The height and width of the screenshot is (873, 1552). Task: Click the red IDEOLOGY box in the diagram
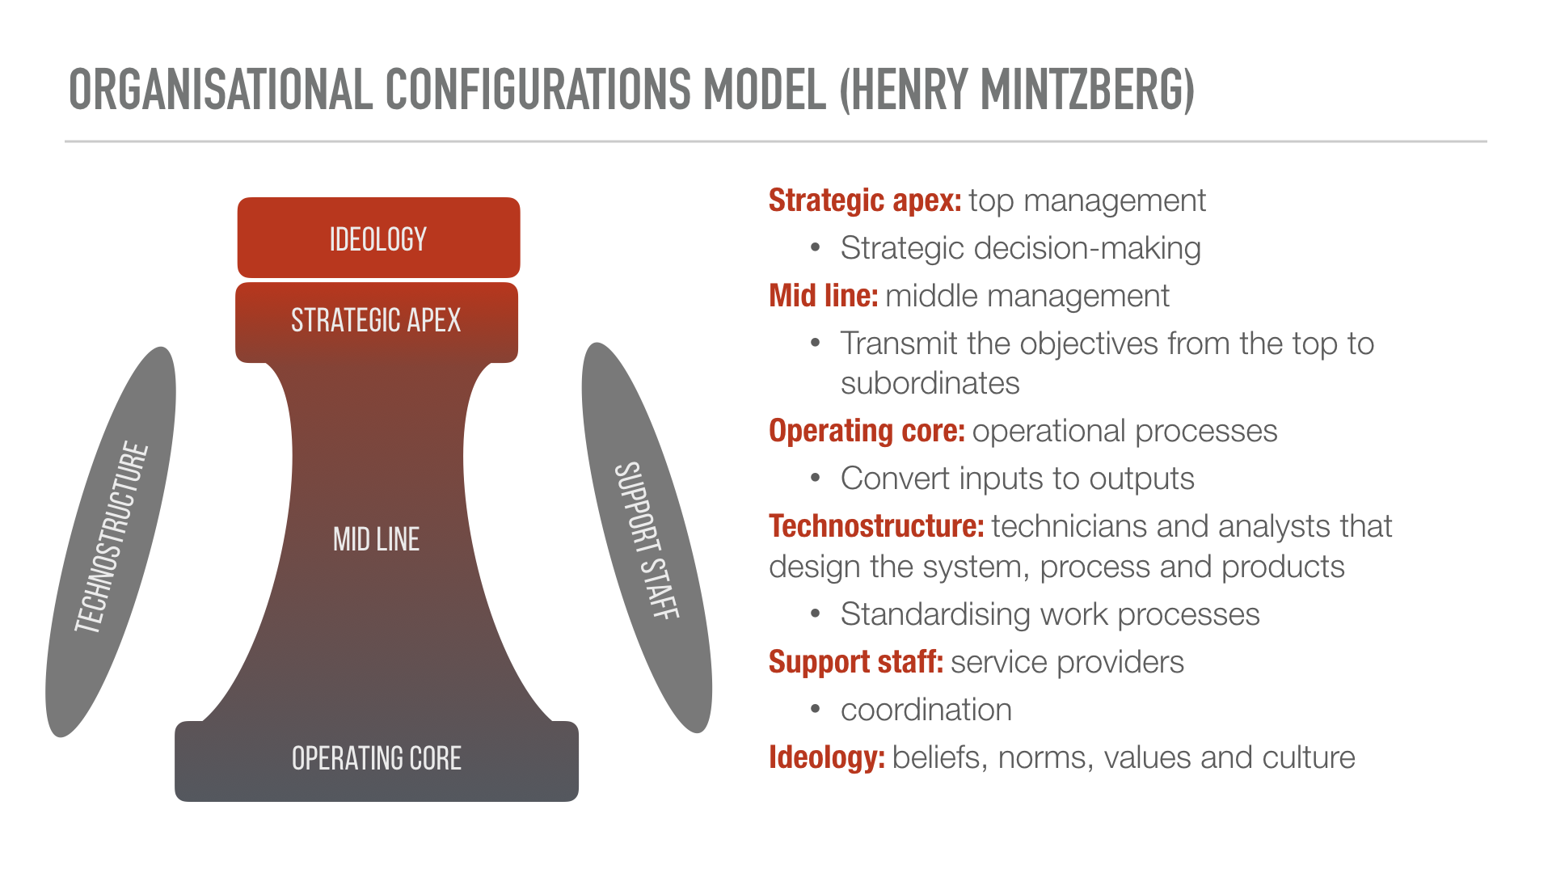[378, 238]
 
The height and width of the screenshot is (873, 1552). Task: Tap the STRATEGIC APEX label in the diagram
[376, 321]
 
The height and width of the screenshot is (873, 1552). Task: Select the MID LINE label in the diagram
[377, 539]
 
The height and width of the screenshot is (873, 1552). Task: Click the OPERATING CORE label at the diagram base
[377, 758]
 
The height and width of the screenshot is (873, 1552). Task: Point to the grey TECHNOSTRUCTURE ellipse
[111, 542]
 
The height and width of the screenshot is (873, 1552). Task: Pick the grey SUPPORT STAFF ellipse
[647, 538]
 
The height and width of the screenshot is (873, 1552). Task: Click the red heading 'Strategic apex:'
[865, 200]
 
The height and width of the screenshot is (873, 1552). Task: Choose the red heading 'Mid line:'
[823, 296]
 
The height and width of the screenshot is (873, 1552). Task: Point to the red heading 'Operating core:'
[867, 432]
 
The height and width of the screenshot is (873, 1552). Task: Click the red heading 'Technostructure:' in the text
[876, 526]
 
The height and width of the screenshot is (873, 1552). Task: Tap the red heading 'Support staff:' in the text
[856, 662]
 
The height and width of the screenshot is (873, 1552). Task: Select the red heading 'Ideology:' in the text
[827, 758]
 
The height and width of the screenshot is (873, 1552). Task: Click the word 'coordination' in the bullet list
[926, 710]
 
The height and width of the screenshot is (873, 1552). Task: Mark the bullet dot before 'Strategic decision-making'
[816, 248]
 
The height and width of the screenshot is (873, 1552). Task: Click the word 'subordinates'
[930, 383]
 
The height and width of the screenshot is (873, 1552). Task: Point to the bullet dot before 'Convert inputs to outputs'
[816, 479]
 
